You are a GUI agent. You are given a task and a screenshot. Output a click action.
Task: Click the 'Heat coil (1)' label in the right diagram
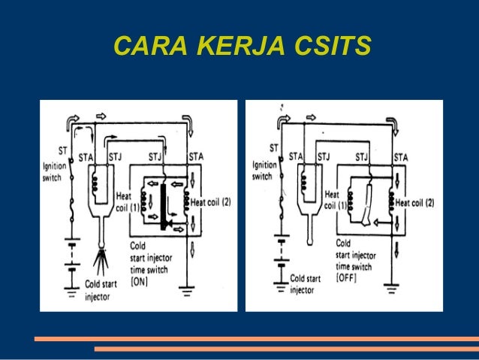[x=335, y=198]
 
